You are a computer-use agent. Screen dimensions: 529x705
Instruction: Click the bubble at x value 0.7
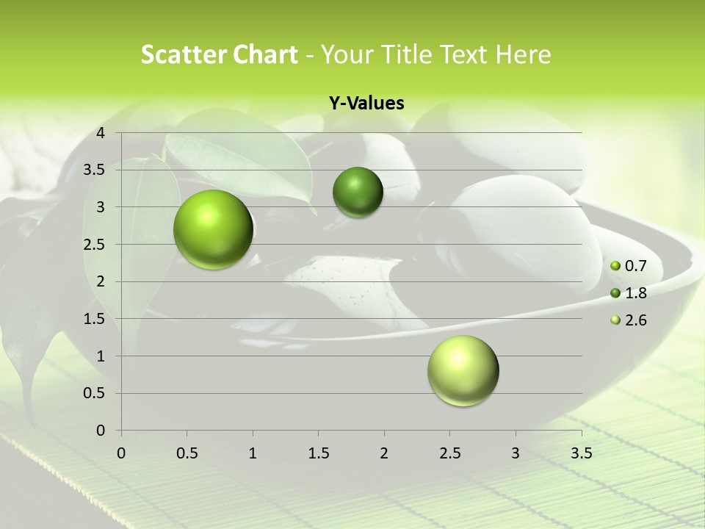214,229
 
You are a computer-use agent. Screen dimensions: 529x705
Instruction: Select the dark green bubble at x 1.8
358,192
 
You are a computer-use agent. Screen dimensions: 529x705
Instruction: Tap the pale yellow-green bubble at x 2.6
463,370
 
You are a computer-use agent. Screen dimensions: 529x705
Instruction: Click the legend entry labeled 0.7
630,266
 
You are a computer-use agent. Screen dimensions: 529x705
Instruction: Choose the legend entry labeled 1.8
630,293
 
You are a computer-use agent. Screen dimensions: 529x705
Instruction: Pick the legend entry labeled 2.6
630,320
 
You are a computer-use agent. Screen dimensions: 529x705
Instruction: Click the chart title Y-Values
366,104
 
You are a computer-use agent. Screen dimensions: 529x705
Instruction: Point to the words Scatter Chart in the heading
219,54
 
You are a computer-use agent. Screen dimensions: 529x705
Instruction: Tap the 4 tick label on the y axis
101,133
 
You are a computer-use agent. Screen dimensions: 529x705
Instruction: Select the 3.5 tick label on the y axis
95,170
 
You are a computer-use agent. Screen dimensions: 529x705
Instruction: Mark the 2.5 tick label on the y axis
95,245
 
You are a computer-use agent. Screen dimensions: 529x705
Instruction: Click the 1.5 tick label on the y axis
95,319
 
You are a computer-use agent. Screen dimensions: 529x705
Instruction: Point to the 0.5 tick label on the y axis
95,393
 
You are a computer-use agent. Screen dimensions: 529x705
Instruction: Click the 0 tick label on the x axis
121,453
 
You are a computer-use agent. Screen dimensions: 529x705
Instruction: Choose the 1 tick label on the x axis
253,453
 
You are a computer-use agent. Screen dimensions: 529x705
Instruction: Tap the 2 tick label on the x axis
384,453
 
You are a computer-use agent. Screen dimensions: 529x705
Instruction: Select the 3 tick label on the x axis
516,453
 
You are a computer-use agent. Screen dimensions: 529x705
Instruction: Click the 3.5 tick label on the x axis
581,453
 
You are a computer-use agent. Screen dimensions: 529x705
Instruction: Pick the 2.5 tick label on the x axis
449,453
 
